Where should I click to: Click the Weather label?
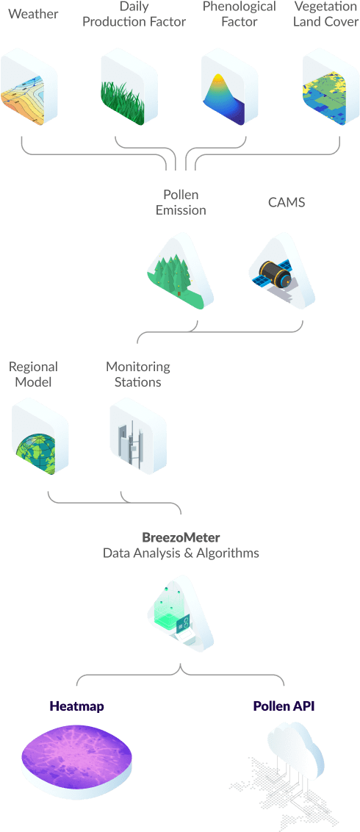(33, 14)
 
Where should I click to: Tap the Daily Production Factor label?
(134, 15)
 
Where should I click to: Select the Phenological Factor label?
(239, 15)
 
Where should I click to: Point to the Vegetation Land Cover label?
(325, 15)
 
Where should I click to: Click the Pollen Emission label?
(180, 202)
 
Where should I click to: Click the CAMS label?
(286, 202)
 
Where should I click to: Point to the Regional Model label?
(33, 373)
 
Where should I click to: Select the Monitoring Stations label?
(137, 373)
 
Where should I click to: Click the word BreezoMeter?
(180, 537)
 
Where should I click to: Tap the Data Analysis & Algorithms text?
(180, 553)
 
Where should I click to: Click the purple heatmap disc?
(76, 761)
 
